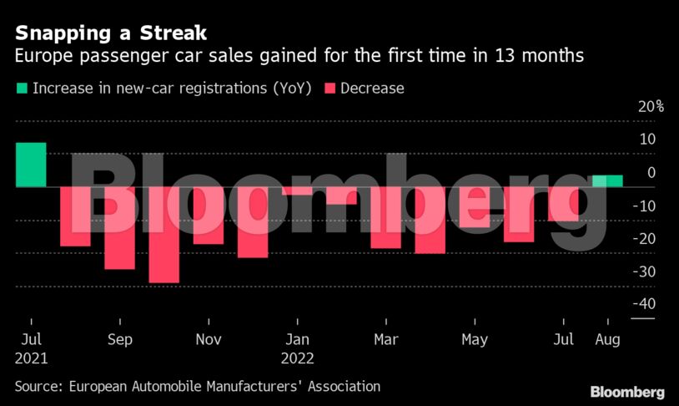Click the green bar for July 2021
31,165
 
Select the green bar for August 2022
607,180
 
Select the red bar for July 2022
564,204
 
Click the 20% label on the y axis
651,107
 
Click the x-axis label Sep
120,340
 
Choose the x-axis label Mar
385,340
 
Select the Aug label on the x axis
608,340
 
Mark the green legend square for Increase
21,88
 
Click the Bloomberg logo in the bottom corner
627,392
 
